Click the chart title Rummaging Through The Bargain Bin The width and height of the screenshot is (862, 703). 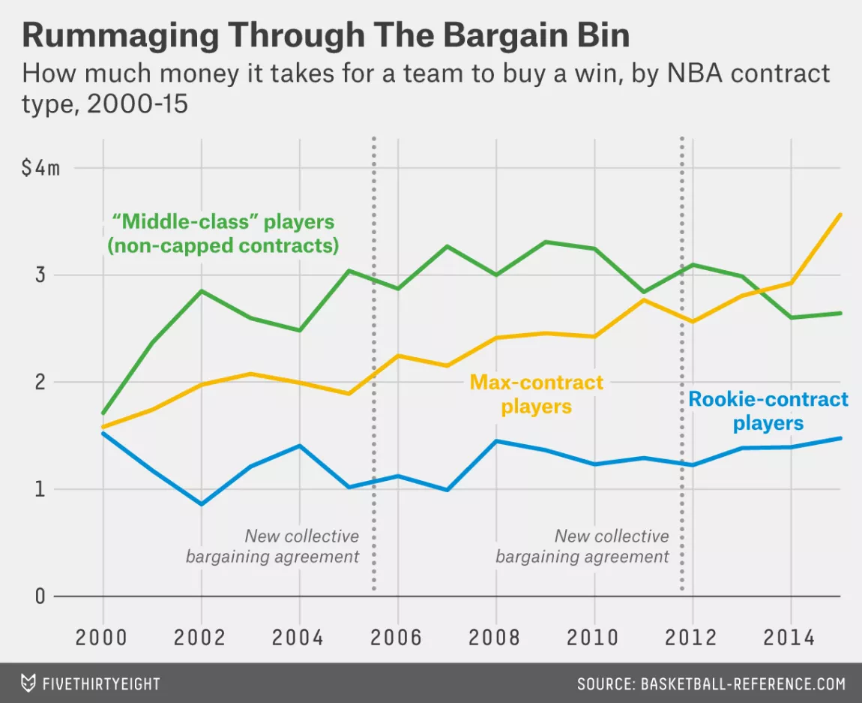point(325,35)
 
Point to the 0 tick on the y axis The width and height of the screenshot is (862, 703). point(39,596)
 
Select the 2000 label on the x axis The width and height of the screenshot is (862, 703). point(102,638)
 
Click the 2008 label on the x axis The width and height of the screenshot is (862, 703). point(495,638)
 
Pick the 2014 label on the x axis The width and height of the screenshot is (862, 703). point(790,638)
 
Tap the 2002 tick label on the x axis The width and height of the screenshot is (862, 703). point(200,638)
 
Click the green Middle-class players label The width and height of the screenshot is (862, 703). point(223,234)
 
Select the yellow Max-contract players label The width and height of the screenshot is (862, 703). point(536,395)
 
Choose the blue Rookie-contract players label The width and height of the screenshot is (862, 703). point(768,410)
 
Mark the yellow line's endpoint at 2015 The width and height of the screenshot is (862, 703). point(840,215)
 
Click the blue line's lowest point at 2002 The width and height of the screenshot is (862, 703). point(200,504)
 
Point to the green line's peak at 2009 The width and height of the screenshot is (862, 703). point(545,242)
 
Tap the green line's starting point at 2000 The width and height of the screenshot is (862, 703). point(103,413)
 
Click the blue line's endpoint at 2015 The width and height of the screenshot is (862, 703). point(840,438)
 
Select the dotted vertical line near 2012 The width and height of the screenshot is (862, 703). point(682,360)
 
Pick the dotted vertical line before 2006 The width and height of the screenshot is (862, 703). point(373,360)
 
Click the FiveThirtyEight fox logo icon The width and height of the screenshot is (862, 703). point(28,683)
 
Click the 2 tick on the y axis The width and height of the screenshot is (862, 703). point(39,382)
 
